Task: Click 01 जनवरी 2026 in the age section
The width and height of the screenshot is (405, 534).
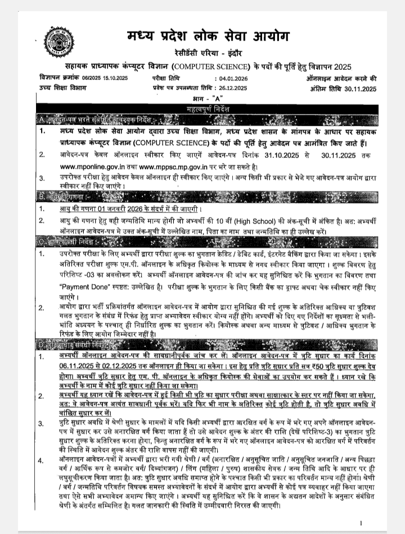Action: (x=111, y=209)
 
